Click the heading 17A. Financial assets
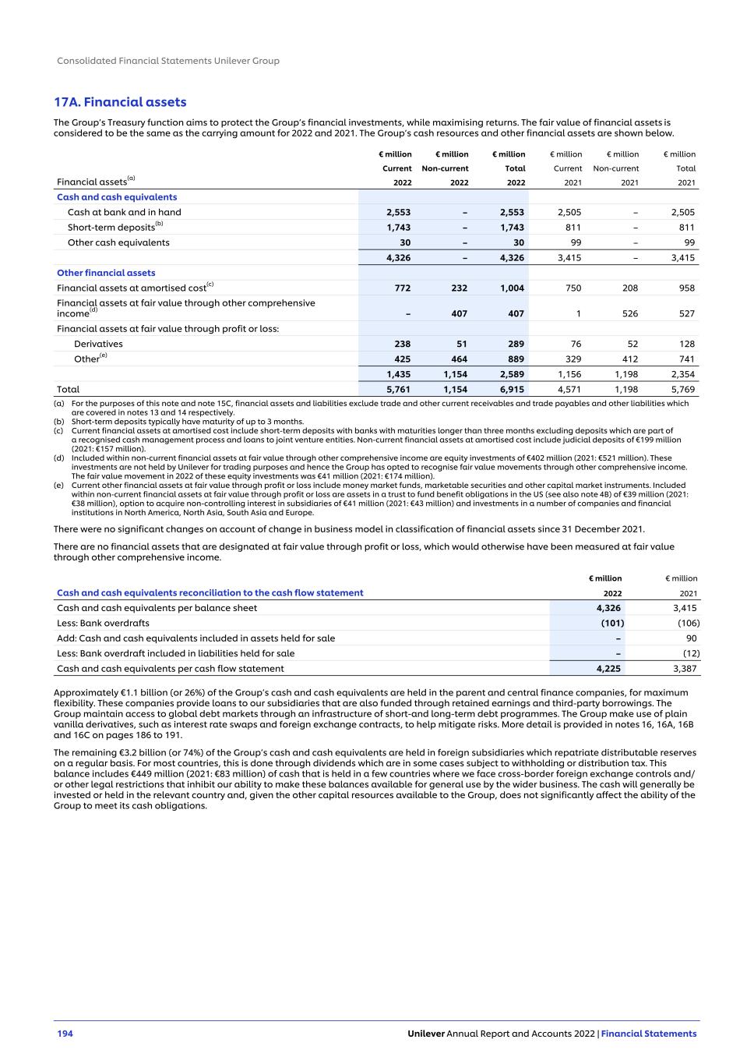pyautogui.click(x=120, y=102)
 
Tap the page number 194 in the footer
pyautogui.click(x=65, y=1034)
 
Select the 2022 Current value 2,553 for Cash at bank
pyautogui.click(x=398, y=212)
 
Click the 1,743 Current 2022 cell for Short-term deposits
pyautogui.click(x=398, y=228)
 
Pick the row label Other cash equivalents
pyautogui.click(x=118, y=242)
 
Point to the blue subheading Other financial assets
pyautogui.click(x=106, y=273)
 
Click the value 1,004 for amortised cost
pyautogui.click(x=512, y=288)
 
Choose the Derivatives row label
pyautogui.click(x=98, y=344)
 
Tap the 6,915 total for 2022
pyautogui.click(x=512, y=390)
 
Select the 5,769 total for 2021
pyautogui.click(x=682, y=390)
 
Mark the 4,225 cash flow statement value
pyautogui.click(x=608, y=669)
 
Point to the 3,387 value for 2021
pyautogui.click(x=685, y=669)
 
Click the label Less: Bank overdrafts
pyautogui.click(x=103, y=624)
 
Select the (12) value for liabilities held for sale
pyautogui.click(x=691, y=654)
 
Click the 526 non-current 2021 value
pyautogui.click(x=629, y=314)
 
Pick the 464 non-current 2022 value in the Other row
pyautogui.click(x=459, y=359)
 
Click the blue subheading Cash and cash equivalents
pyautogui.click(x=117, y=197)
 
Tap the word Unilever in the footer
pyautogui.click(x=425, y=1034)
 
